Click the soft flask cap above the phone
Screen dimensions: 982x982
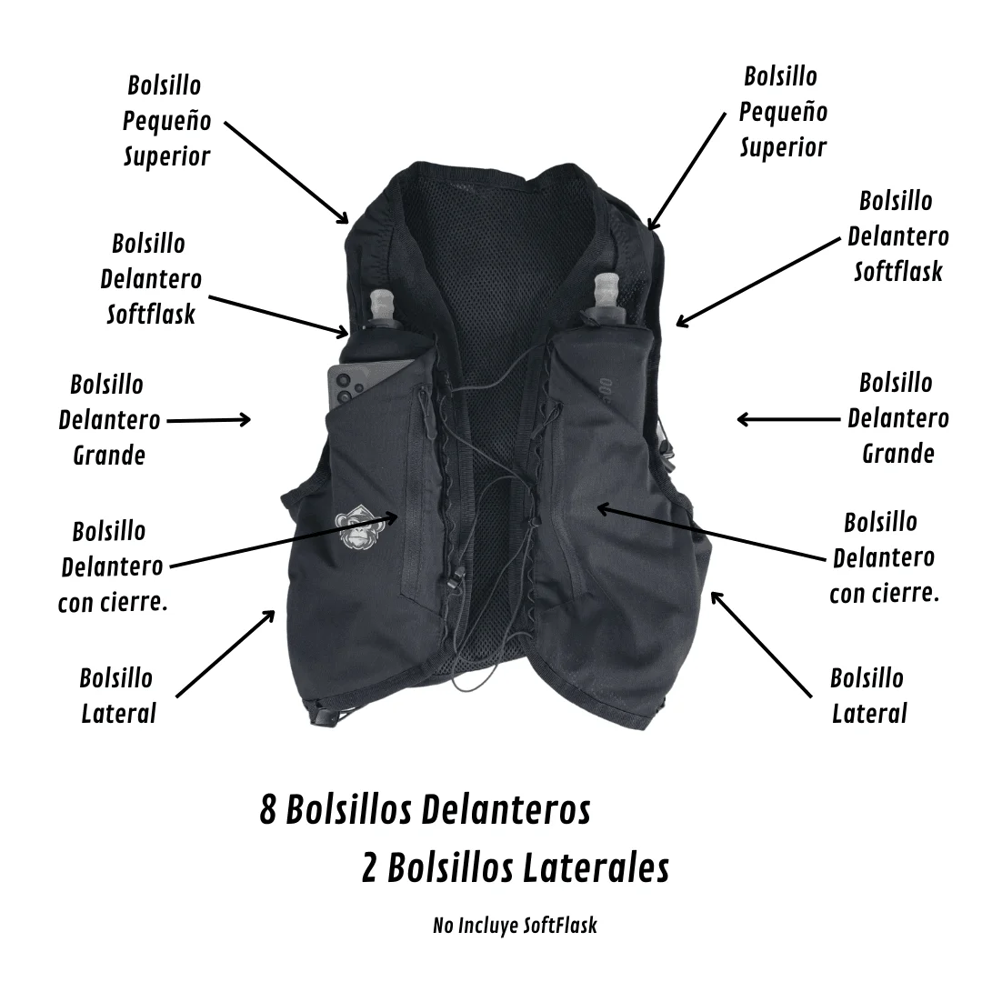(x=381, y=306)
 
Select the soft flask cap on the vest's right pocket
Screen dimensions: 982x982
(x=606, y=292)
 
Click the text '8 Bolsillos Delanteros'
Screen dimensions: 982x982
(x=426, y=810)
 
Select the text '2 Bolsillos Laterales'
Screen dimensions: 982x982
(x=516, y=868)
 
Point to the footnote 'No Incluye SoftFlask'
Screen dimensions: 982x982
(x=515, y=926)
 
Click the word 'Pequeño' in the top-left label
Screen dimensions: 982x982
(x=166, y=120)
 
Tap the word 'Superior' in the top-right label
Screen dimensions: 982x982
(x=784, y=148)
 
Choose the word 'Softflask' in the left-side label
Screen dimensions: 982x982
(x=151, y=314)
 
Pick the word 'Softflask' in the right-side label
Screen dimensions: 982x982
(x=898, y=272)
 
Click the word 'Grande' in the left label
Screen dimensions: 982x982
(x=109, y=456)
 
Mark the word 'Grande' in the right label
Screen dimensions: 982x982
(x=898, y=454)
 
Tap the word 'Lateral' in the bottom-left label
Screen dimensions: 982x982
(x=118, y=714)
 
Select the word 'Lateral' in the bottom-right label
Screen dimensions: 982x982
(x=869, y=714)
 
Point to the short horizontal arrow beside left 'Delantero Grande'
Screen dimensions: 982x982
(x=208, y=420)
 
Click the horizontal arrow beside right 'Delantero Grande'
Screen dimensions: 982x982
(x=788, y=419)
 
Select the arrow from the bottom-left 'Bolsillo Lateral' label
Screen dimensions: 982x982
(x=225, y=653)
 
